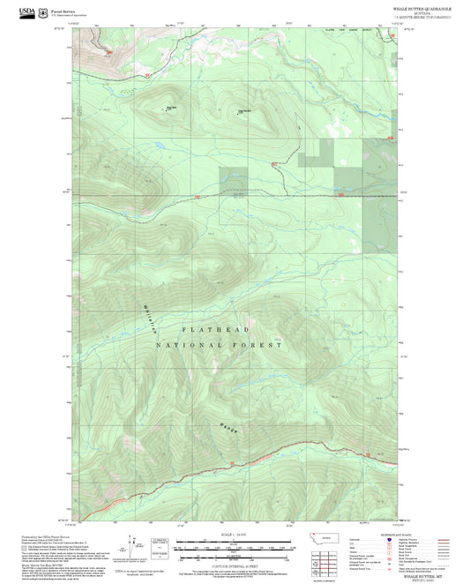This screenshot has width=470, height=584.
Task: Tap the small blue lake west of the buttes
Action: pyautogui.click(x=156, y=144)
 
